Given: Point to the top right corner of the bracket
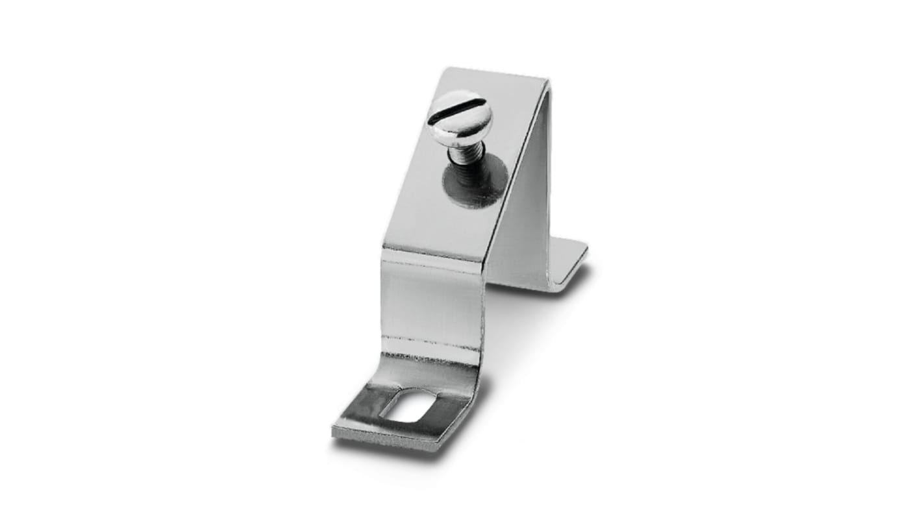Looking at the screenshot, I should coord(549,82).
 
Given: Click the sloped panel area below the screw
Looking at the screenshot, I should coord(442,221).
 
